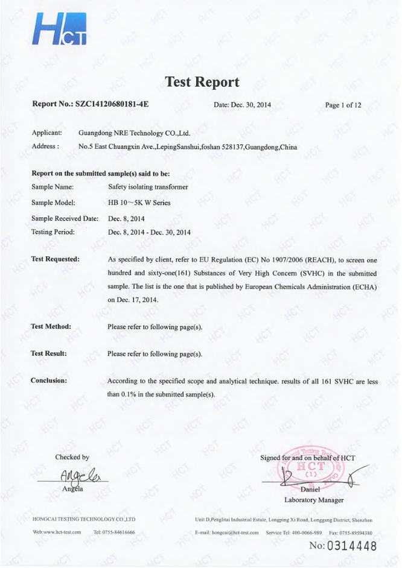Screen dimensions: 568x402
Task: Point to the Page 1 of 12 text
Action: [x=343, y=105]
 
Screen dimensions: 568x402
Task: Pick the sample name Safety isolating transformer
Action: [x=148, y=188]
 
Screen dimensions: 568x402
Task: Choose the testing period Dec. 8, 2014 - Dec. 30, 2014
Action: [x=149, y=231]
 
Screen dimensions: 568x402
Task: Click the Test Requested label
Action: [x=56, y=259]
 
